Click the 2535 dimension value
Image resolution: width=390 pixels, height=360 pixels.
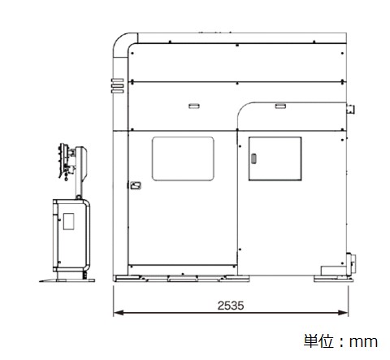point(231,306)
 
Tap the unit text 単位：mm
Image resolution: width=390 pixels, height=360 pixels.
point(340,341)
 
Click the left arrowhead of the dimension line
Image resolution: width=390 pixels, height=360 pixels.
point(119,313)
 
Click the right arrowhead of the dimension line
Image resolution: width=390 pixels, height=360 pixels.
point(343,313)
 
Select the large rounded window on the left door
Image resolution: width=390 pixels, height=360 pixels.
point(183,158)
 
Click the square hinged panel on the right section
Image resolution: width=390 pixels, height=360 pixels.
point(275,158)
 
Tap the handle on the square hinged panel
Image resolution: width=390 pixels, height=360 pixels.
point(253,158)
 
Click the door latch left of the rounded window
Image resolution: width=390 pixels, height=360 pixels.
point(136,185)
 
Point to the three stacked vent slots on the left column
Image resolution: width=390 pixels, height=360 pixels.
point(117,86)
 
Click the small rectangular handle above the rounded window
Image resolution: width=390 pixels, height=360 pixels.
point(194,106)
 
